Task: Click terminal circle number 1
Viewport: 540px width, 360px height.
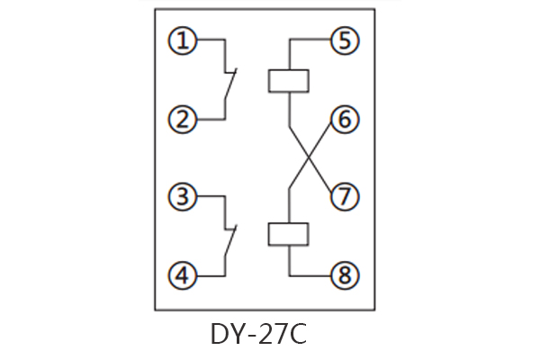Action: pyautogui.click(x=184, y=40)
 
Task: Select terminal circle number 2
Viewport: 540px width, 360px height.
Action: pyautogui.click(x=184, y=119)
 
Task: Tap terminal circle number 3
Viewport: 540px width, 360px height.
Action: pyautogui.click(x=184, y=197)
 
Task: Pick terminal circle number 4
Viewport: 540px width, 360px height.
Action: pyautogui.click(x=184, y=275)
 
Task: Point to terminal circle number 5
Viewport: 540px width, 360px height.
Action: pyautogui.click(x=343, y=40)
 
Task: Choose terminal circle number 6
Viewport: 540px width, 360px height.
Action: pyautogui.click(x=343, y=119)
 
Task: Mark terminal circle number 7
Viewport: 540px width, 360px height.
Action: pyautogui.click(x=343, y=197)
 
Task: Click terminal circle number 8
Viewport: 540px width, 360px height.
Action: pyautogui.click(x=343, y=275)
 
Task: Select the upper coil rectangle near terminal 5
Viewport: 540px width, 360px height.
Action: pyautogui.click(x=289, y=79)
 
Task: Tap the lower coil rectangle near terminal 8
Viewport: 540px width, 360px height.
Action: pyautogui.click(x=289, y=234)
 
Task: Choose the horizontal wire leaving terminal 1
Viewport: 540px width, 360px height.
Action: pyautogui.click(x=209, y=40)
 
